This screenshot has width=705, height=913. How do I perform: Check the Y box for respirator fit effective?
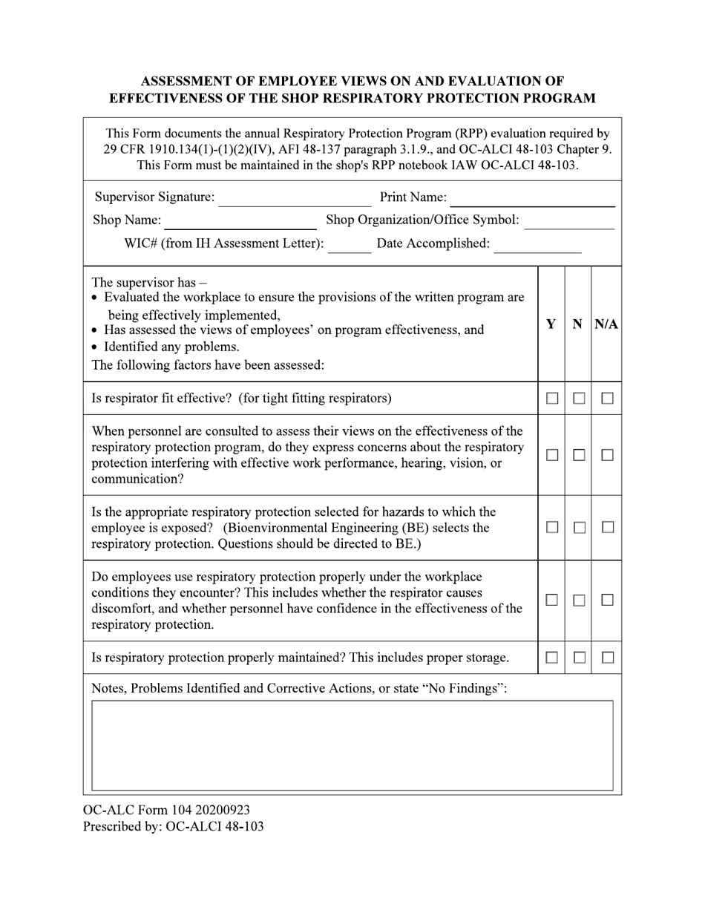552,399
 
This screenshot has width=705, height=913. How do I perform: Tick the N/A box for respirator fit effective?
607,399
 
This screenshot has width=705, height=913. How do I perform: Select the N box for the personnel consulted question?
580,455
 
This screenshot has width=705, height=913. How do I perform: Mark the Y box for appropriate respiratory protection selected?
552,527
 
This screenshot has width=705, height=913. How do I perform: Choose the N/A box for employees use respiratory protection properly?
607,600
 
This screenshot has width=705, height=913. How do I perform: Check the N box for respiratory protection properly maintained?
580,658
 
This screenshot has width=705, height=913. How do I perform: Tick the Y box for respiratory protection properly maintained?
552,658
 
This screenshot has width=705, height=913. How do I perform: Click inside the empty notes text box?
352,745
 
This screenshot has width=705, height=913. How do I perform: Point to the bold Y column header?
551,324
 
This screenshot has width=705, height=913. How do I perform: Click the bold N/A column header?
606,324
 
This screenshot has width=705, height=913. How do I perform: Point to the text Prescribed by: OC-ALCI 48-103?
173,826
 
